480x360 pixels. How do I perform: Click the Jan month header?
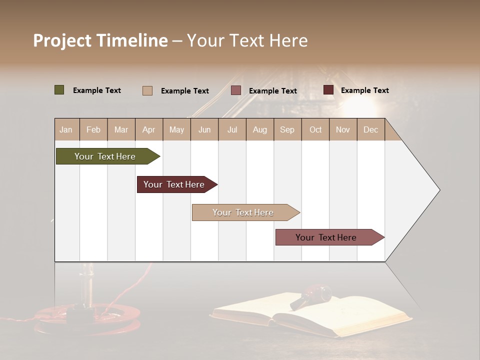pos(66,129)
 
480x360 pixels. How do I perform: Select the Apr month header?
pos(149,129)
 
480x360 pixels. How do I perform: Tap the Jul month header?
pos(232,129)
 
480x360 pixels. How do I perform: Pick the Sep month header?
pos(287,129)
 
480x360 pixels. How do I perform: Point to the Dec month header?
pos(370,129)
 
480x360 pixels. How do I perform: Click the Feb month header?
pos(93,129)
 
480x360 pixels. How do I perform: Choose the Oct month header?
pos(315,129)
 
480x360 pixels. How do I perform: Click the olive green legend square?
pos(59,90)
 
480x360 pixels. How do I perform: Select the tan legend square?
pos(147,90)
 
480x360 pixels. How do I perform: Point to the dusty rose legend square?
pos(236,90)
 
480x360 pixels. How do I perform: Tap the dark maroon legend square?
pos(328,90)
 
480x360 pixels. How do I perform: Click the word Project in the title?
pos(62,40)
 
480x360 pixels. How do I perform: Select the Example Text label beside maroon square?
pos(364,90)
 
